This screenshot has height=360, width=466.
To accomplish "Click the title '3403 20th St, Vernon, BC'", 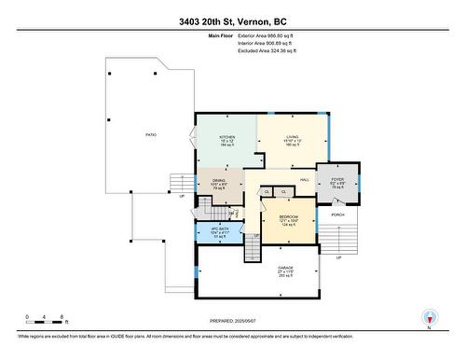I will pos(233,21).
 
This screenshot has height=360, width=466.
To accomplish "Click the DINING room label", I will pos(217,182).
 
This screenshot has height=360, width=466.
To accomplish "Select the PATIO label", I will pos(150,135).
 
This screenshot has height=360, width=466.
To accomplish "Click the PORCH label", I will pos(338,215).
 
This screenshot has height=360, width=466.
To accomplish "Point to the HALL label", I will pos(304,179).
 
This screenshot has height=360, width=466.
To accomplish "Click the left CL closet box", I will pos(267,191).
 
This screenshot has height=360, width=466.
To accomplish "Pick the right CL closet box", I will pos(283,191).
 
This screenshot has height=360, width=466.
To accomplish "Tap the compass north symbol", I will pos(428,318).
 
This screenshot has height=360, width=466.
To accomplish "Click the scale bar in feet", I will pos(46,316).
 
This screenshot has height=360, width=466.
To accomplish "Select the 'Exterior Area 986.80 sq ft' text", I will pos(266,35).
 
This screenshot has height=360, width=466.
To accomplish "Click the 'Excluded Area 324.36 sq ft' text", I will pos(266,50).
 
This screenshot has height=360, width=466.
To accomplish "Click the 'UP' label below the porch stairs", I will pos(338,258).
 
